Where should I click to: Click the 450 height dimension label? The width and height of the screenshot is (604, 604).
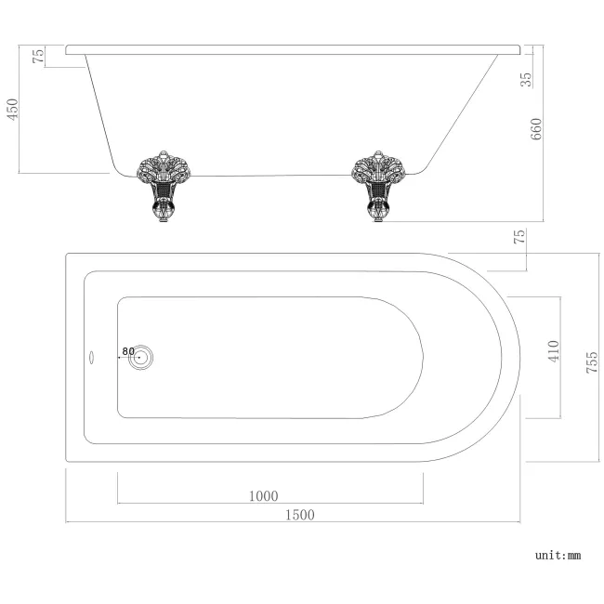(x=13, y=110)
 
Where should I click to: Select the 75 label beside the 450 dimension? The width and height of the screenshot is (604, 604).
(x=38, y=56)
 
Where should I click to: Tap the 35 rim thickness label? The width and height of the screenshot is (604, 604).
(x=527, y=79)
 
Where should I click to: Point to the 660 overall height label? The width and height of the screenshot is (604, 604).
(x=536, y=129)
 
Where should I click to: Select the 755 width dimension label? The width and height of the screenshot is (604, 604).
(x=592, y=357)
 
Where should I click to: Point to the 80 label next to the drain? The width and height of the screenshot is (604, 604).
(x=126, y=353)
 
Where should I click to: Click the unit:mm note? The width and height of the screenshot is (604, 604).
(x=558, y=555)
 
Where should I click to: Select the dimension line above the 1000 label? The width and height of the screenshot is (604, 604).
(x=269, y=504)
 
